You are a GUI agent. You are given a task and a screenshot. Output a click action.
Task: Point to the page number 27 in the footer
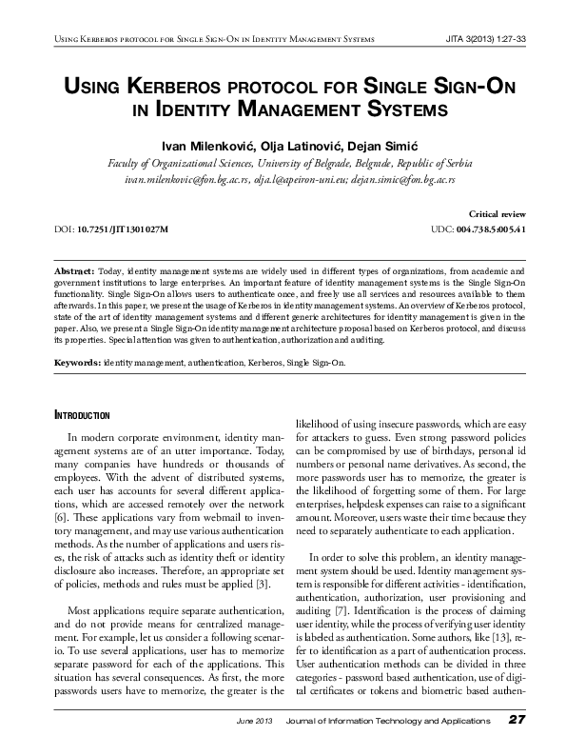click(517, 719)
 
